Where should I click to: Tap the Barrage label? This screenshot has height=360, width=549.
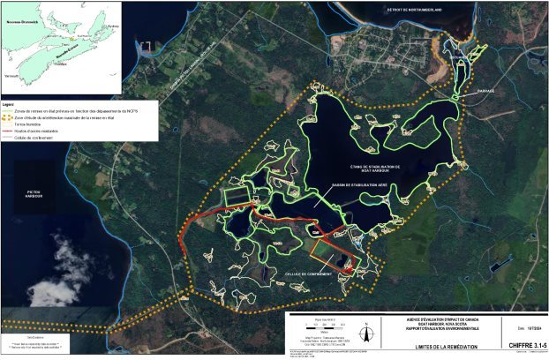pos(486,91)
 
